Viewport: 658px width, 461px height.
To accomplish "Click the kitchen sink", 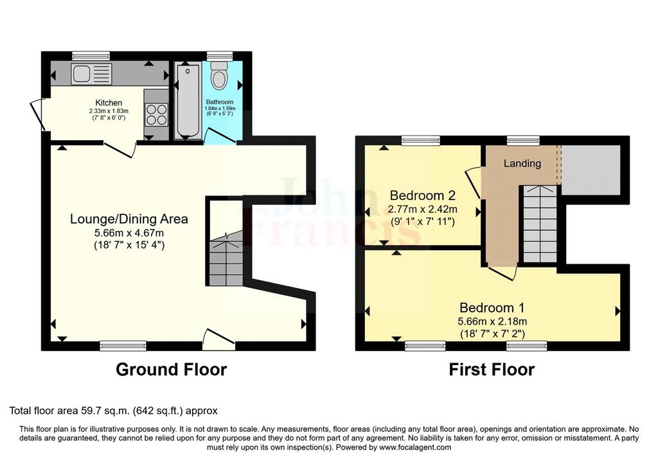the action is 91,75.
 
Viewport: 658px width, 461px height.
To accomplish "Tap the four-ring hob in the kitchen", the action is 157,114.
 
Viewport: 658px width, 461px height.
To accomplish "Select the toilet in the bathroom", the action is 219,75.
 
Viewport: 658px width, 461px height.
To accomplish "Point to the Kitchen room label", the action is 109,103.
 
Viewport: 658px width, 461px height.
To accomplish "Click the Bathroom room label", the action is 220,102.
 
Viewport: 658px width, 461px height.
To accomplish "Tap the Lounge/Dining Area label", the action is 129,219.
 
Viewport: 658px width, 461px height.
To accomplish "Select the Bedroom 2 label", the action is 423,195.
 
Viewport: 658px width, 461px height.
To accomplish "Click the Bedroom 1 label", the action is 492,308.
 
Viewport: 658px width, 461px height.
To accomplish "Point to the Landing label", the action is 522,163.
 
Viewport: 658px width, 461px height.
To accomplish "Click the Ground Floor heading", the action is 171,370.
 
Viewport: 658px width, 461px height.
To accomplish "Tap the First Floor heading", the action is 492,370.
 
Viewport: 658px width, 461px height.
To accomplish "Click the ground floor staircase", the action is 226,260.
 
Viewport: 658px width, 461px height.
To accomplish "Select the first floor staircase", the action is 540,224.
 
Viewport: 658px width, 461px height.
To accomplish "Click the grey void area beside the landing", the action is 591,170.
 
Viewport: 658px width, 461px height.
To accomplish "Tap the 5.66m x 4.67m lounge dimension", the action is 129,233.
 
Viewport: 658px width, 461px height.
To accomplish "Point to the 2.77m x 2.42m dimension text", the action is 423,209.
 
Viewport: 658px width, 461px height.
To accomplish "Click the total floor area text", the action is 113,411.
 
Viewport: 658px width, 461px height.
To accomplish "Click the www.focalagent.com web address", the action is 415,447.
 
